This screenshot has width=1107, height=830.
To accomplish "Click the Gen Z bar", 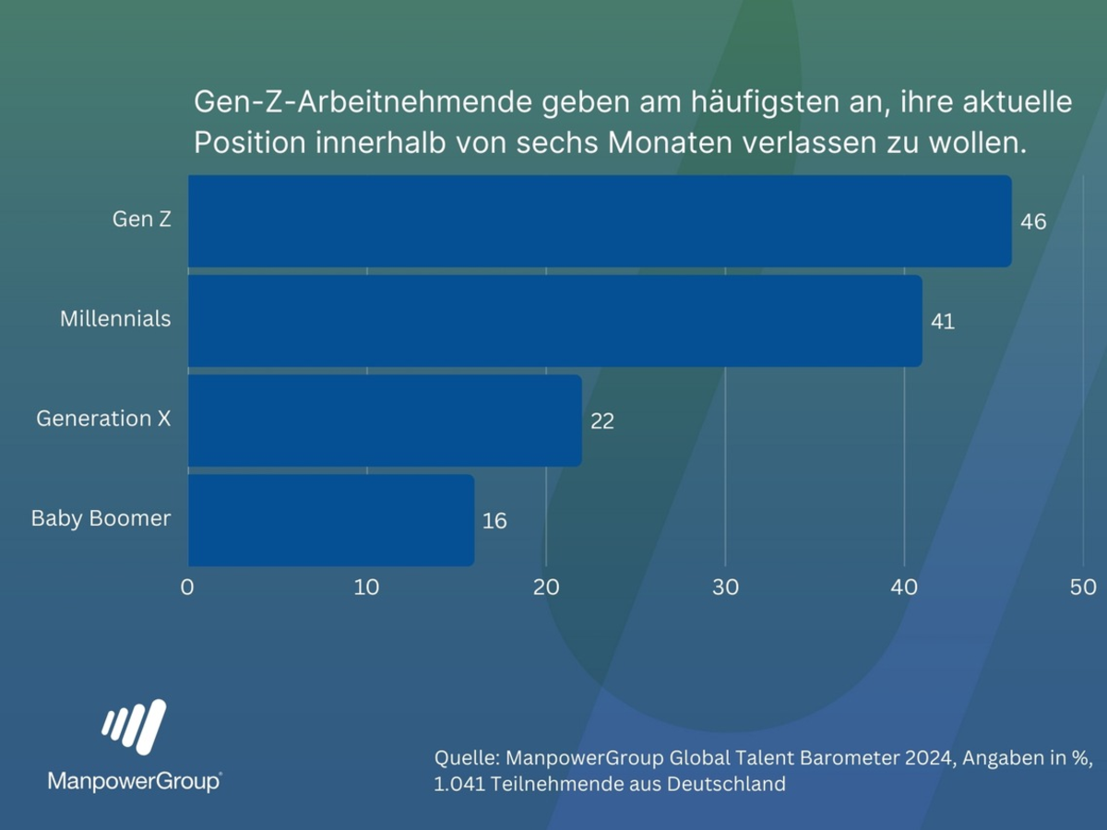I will [x=600, y=221].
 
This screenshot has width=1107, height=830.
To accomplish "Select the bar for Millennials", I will [x=554, y=321].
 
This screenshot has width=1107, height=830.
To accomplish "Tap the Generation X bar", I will [x=385, y=421].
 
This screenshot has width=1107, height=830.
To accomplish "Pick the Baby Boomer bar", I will [x=331, y=520].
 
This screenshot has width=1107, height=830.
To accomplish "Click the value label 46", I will [x=1033, y=222].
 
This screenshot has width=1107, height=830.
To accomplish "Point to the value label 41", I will [x=943, y=322].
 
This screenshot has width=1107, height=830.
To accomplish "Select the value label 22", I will [x=602, y=421].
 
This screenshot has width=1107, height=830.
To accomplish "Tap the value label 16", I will [x=494, y=521].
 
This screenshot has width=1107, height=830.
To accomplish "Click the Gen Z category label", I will [x=142, y=220].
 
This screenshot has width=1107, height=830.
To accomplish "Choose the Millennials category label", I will [x=115, y=319].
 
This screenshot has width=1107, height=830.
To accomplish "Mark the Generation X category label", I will [x=103, y=419].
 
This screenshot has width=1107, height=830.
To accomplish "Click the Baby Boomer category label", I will [x=101, y=518].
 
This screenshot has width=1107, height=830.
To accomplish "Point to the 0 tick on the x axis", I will [x=187, y=587].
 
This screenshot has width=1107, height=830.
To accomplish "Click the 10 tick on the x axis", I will [x=367, y=587].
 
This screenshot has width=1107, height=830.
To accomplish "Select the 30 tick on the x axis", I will [x=726, y=587].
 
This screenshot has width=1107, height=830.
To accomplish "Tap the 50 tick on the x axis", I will [x=1083, y=587].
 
